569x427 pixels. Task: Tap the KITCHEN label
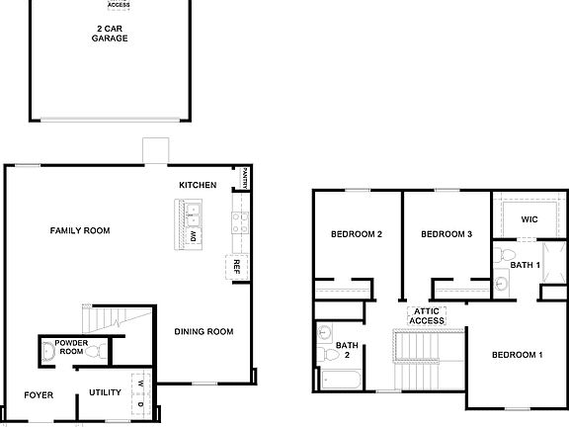coord(198,185)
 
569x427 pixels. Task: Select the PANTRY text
coord(243,177)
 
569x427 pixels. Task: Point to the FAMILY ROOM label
coord(80,230)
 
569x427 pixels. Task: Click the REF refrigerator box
coord(237,267)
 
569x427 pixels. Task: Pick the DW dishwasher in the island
coord(194,236)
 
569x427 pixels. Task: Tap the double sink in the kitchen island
coord(193,213)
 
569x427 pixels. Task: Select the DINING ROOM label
coord(203,331)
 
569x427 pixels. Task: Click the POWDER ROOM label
coord(71,347)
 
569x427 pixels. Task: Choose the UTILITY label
coord(105,392)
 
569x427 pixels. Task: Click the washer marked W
coord(141,384)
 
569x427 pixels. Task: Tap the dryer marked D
coord(141,403)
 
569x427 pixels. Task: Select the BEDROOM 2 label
coord(357,234)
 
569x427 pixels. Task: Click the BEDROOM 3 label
coord(447,234)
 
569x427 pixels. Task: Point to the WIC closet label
coord(528,218)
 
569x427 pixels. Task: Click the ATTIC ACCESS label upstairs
coord(427,315)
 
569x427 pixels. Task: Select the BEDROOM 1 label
coord(518,355)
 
